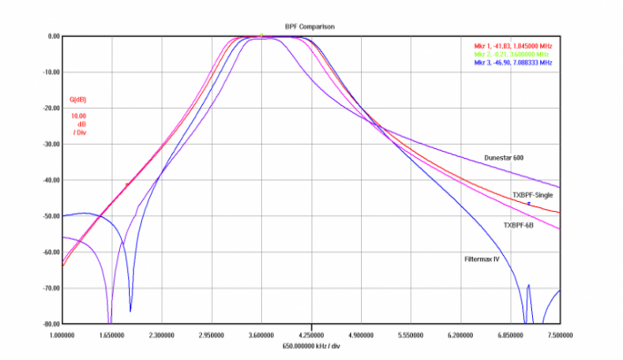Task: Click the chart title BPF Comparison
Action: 309,26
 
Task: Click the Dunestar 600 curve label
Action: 505,158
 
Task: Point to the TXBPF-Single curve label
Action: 533,194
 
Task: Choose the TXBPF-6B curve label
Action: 519,225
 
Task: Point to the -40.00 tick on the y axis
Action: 49,180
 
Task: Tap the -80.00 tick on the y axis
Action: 49,324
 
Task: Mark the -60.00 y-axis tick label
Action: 49,251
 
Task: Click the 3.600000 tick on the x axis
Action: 261,335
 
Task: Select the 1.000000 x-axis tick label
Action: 63,335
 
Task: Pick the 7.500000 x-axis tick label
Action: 559,335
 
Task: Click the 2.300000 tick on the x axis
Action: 161,335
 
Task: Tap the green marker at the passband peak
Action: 261,35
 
